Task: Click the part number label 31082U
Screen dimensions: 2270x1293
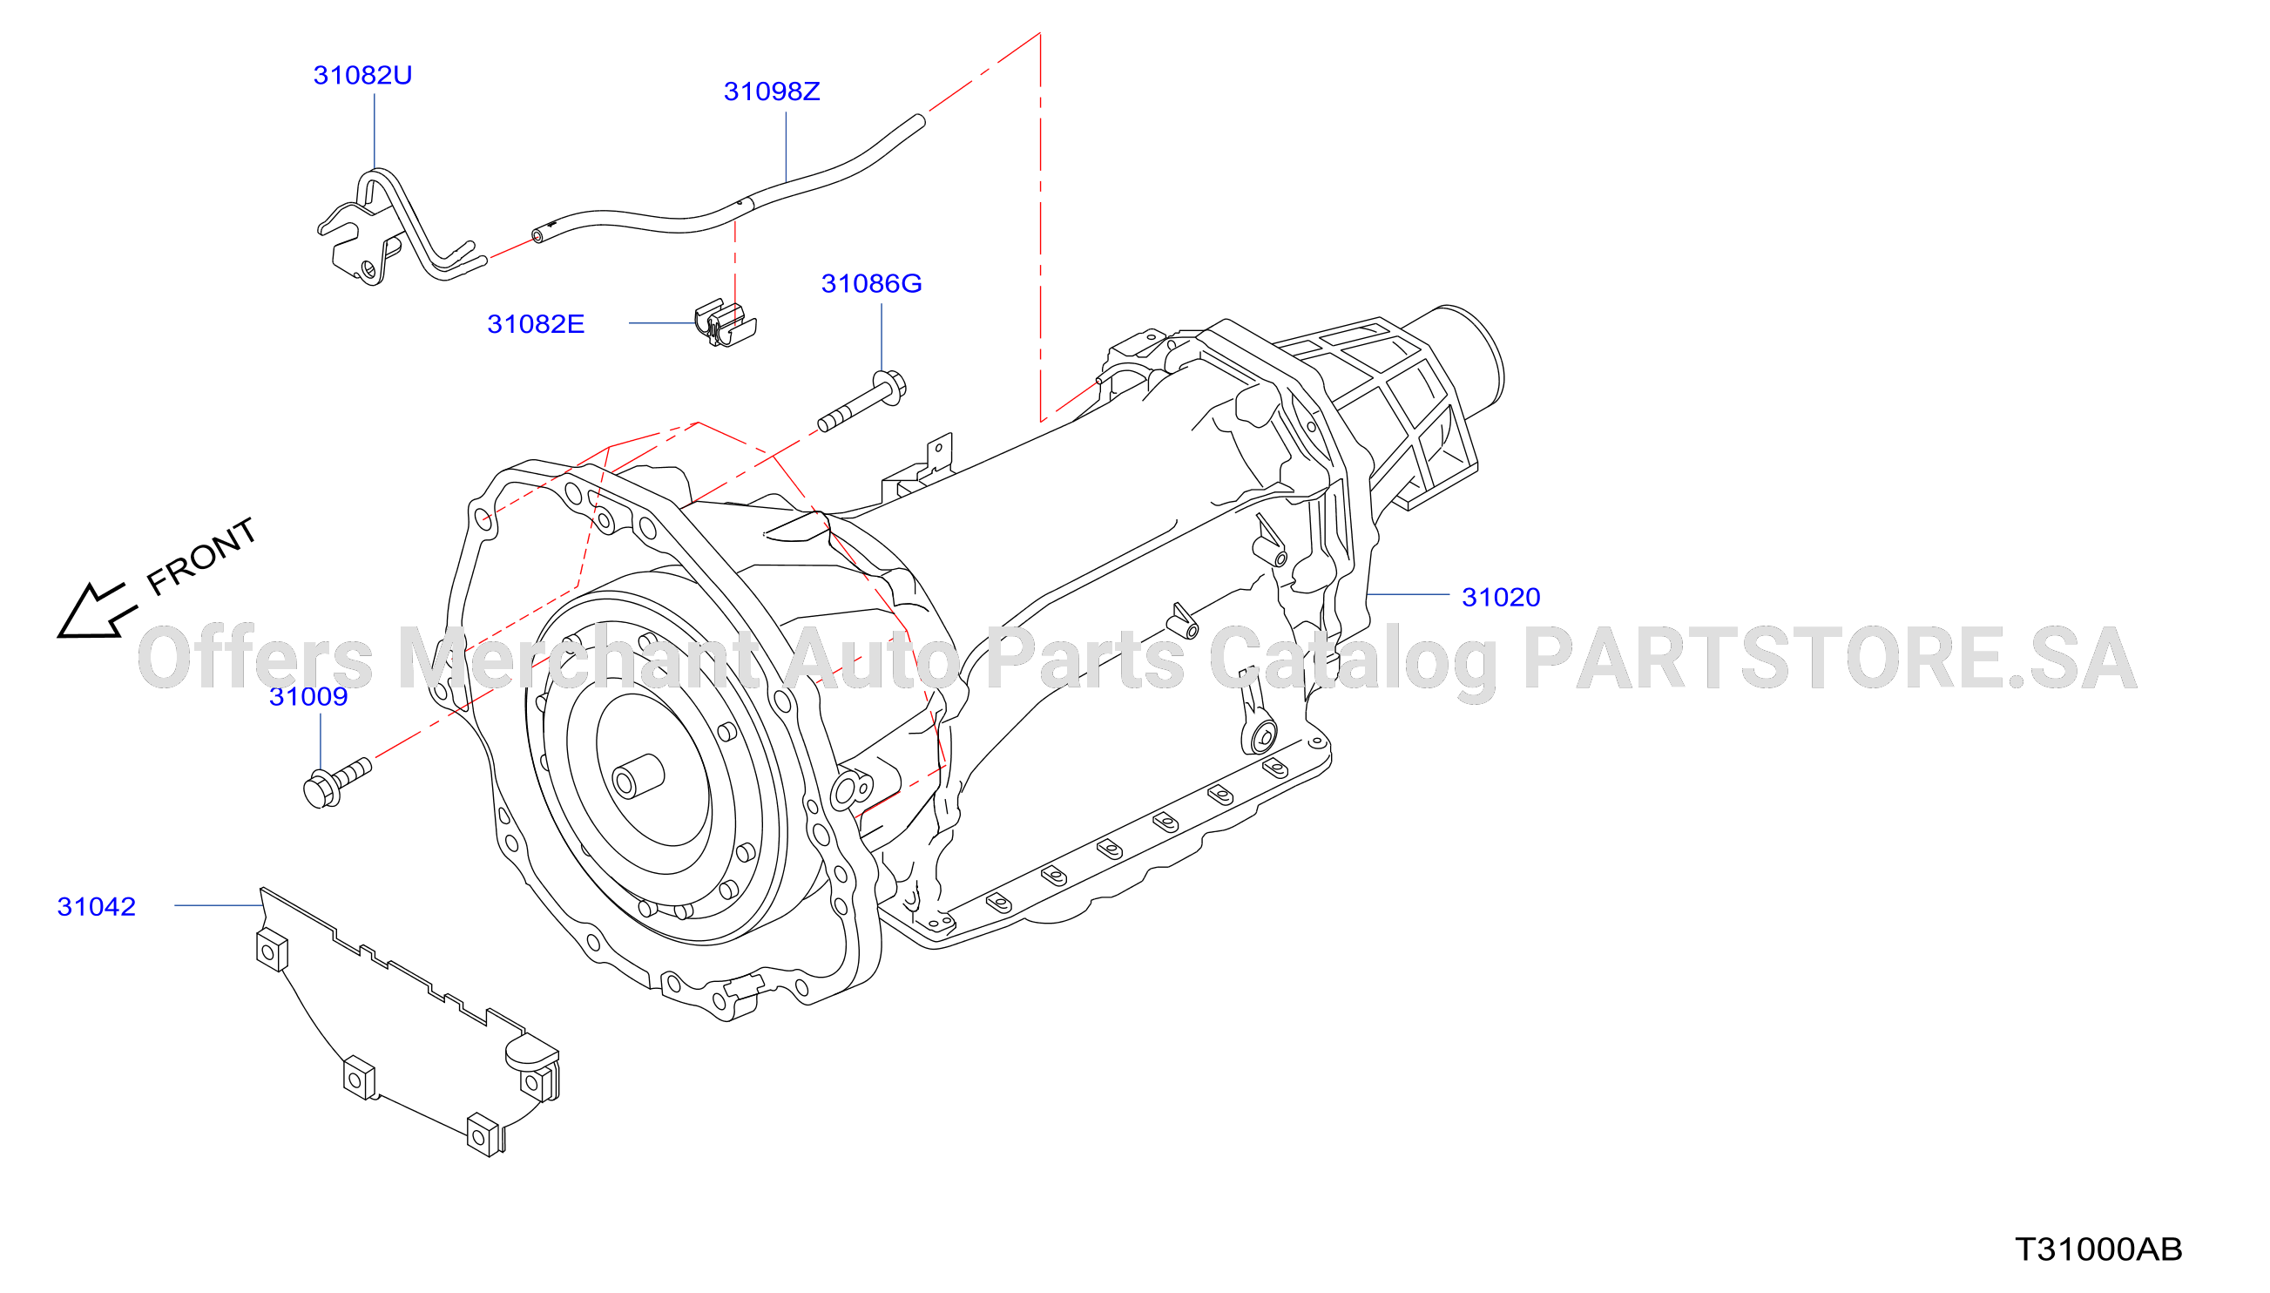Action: [x=362, y=75]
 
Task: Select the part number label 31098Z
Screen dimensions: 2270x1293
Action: [x=772, y=91]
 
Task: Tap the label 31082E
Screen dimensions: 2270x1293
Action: [x=536, y=324]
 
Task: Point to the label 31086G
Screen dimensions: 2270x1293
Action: [x=871, y=283]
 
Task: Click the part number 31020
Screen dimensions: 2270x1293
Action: [x=1500, y=597]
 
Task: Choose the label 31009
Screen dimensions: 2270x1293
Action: [x=308, y=696]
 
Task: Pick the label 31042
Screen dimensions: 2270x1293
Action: [x=96, y=906]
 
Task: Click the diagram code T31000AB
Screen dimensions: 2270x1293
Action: [x=2098, y=1249]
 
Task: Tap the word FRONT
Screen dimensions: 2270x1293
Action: [x=201, y=557]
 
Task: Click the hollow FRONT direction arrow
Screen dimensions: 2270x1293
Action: [x=95, y=611]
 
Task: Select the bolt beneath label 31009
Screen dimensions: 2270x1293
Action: [x=336, y=782]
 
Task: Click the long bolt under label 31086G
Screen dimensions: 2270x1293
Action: [x=861, y=402]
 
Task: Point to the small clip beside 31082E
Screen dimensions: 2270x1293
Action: [x=725, y=323]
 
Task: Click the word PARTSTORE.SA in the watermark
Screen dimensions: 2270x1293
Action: [x=1829, y=658]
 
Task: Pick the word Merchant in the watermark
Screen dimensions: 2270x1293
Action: [x=578, y=658]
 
